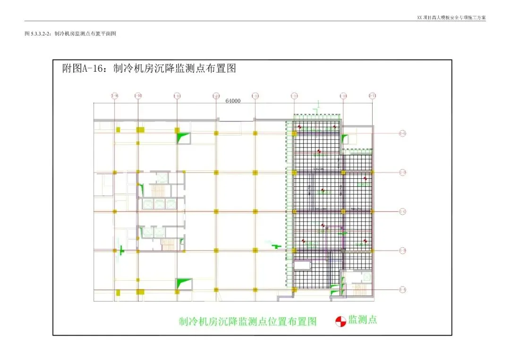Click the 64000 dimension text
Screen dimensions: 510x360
[x=233, y=101]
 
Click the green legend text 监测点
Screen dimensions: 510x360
[x=363, y=320]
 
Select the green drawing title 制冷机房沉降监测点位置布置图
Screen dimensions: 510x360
[x=247, y=322]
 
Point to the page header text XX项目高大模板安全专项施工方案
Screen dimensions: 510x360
[x=451, y=17]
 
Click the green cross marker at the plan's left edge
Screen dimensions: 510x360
[x=121, y=250]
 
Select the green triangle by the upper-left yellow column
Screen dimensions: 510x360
[x=182, y=137]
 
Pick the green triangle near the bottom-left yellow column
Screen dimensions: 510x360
[x=183, y=283]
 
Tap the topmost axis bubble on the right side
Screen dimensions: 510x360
[x=402, y=134]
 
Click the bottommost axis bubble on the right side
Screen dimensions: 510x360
[x=402, y=289]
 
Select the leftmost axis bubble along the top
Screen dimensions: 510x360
[x=114, y=96]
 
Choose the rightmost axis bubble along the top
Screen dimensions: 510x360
[x=372, y=96]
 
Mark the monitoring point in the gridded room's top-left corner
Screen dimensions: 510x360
[x=299, y=126]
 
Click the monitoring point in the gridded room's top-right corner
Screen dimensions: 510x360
[x=335, y=126]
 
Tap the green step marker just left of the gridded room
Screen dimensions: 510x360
[x=277, y=246]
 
